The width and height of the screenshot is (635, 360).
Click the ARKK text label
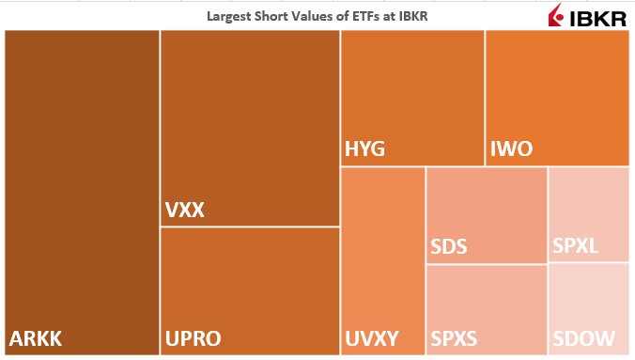[36, 338]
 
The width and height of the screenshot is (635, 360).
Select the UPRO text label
[195, 338]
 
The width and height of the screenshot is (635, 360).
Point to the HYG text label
[364, 149]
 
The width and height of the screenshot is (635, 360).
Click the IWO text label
[511, 149]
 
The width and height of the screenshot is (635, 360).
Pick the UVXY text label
[372, 338]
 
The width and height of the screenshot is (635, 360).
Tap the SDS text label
[448, 248]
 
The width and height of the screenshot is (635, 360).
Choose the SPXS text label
[455, 338]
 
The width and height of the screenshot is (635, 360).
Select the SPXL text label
[575, 248]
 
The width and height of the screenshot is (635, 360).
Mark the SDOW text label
[583, 338]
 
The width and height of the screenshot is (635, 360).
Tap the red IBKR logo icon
[556, 16]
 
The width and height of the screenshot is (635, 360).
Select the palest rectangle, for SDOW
[588, 301]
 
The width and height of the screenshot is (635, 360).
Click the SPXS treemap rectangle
[486, 301]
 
